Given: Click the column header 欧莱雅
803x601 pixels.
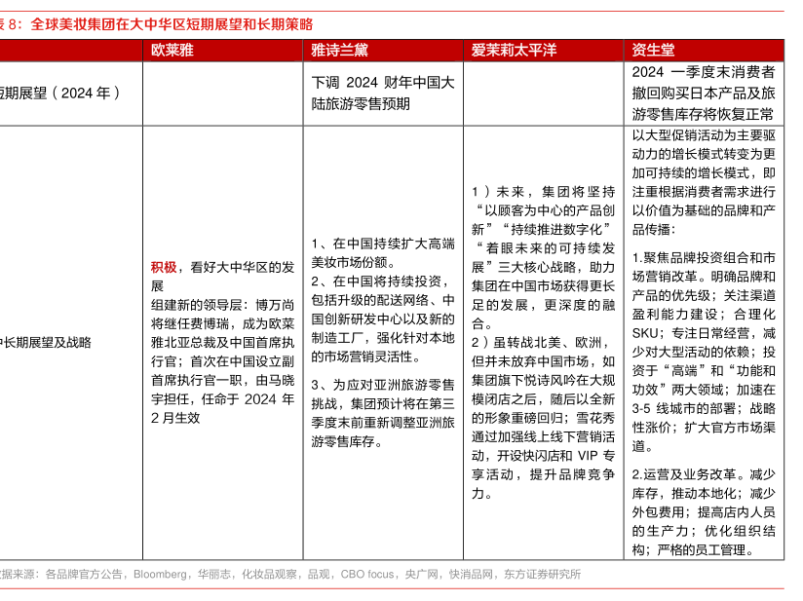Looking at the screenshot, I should point(172,50).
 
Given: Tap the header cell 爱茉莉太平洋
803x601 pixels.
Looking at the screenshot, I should point(515,50).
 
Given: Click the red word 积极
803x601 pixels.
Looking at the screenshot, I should point(163,266).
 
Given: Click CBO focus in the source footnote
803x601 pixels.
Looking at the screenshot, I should point(367,574).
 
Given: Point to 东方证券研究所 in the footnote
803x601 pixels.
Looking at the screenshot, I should point(542,574).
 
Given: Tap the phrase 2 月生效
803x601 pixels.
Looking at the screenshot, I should point(175,418).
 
